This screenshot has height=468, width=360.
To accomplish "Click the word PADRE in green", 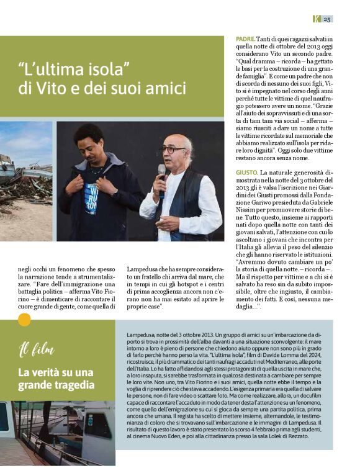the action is coord(245,39).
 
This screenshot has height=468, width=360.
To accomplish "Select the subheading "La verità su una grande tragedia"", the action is coord(55,379).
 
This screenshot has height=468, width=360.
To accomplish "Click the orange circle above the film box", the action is coord(24,320).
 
